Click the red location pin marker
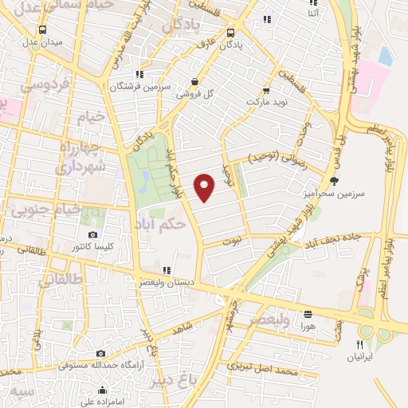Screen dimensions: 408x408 (x=206, y=187)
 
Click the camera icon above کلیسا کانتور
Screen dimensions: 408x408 (x=93, y=234)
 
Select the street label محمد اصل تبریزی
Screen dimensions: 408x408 (x=262, y=368)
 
